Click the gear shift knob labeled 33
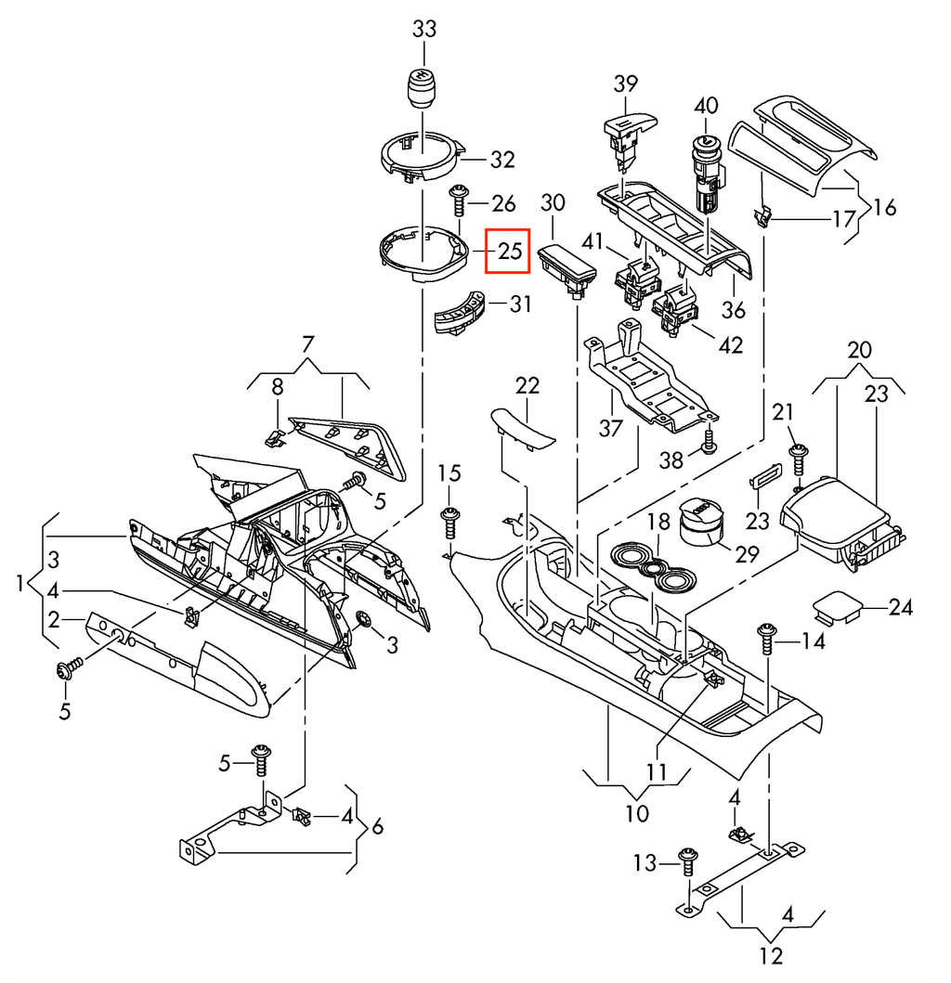(x=423, y=88)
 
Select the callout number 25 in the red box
(x=509, y=252)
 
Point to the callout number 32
(x=502, y=160)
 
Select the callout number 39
(x=625, y=84)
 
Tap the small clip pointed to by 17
(x=762, y=217)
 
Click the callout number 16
(x=884, y=207)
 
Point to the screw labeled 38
(x=709, y=441)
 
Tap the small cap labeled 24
(x=838, y=606)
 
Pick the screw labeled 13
(x=688, y=861)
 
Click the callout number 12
(x=771, y=956)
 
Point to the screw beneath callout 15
(x=450, y=524)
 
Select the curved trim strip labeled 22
(x=523, y=429)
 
